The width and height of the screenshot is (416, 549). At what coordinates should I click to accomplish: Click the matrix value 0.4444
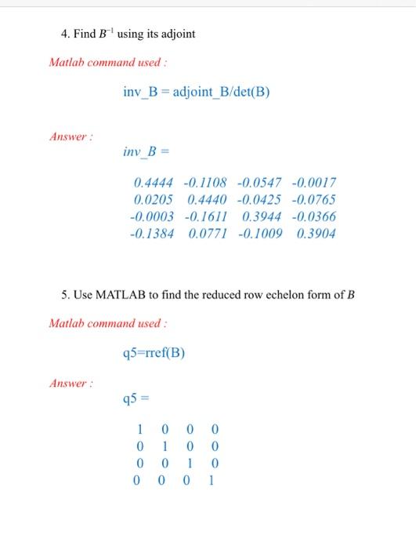pyautogui.click(x=153, y=182)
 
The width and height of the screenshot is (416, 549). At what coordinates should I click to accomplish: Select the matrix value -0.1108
pyautogui.click(x=205, y=182)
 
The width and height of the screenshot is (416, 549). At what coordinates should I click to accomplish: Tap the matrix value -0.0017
pyautogui.click(x=313, y=182)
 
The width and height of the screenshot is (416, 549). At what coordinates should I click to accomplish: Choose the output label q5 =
pyautogui.click(x=135, y=398)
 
